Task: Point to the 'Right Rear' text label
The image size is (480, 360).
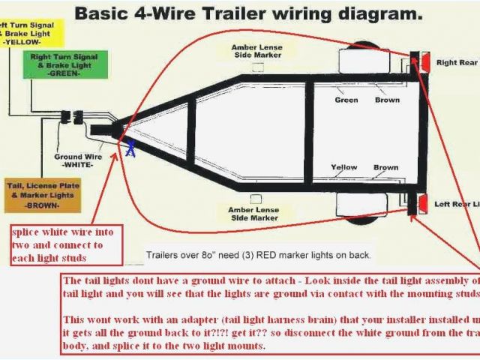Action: (457, 63)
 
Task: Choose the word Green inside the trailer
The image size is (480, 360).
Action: (346, 100)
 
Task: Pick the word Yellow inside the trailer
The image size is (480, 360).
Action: (344, 168)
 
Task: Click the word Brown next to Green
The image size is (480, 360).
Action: (386, 100)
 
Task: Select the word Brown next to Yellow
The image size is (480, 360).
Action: (386, 168)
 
